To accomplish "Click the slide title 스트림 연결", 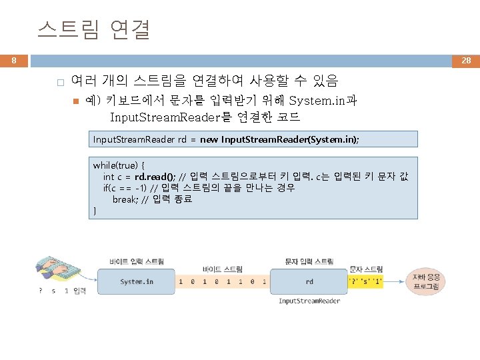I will point(94,30).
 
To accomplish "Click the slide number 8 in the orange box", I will point(13,61).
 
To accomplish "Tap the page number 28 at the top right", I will point(466,61).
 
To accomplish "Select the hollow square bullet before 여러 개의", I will point(59,83).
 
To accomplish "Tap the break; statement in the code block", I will point(125,199).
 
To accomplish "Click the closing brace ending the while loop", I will point(95,211).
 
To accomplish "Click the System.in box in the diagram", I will point(137,281).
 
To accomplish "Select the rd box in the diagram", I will point(309,281).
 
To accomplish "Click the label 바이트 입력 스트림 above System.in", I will point(137,261).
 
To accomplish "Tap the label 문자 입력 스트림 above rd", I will point(309,261).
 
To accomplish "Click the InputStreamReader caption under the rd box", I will point(309,301).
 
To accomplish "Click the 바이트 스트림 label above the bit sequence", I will point(223,269).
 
